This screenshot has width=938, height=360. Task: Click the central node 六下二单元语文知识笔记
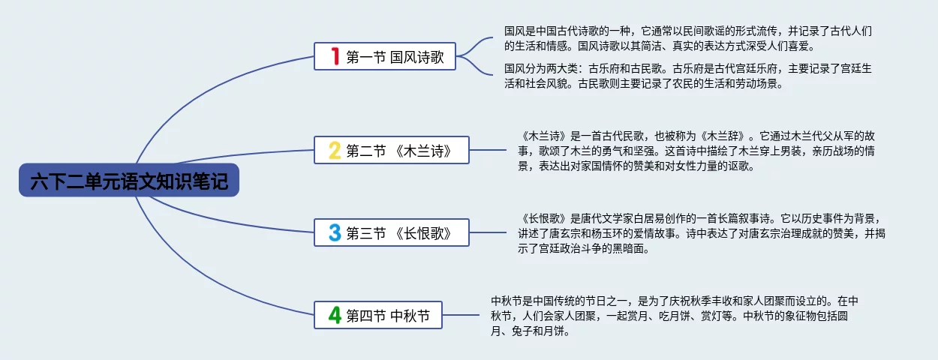point(129,180)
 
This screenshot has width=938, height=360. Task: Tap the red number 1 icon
point(335,56)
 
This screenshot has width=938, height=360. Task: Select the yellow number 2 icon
point(335,150)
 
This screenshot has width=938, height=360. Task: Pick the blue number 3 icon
point(335,232)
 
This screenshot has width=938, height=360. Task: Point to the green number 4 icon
point(335,315)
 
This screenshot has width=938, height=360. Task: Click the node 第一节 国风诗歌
point(385,56)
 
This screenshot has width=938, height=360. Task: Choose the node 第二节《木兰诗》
point(392,150)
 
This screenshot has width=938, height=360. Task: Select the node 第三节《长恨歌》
point(392,232)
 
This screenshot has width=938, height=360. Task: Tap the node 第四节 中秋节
point(378,315)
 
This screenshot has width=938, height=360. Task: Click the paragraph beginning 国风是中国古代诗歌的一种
point(687,38)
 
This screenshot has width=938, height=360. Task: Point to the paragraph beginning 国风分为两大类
point(687,76)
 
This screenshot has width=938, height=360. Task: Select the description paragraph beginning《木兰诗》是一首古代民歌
point(696,151)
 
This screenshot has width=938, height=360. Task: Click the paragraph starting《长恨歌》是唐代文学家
point(702,233)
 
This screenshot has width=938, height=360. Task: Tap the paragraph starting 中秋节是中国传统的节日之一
point(674,316)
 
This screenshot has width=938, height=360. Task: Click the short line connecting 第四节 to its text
point(461,315)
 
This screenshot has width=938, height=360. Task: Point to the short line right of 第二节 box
point(488,150)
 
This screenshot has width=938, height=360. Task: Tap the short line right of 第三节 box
point(488,232)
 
